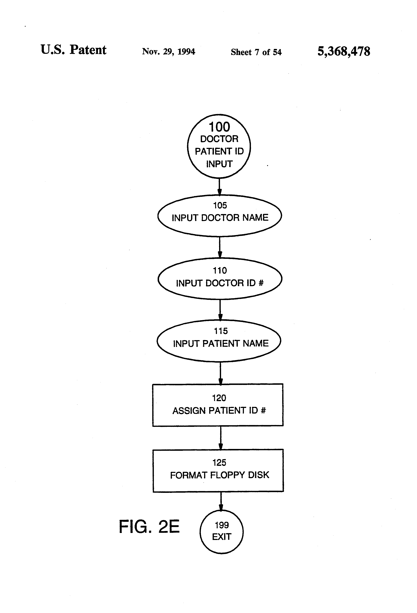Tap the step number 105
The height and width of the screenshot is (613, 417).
(220, 205)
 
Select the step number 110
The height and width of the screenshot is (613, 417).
(220, 270)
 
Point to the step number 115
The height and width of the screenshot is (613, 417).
(221, 331)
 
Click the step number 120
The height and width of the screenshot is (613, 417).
(219, 398)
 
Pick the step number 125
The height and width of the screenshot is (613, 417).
(219, 462)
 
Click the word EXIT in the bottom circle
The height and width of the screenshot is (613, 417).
(222, 537)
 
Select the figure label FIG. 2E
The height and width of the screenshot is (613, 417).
(149, 526)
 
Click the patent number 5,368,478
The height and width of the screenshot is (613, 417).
(344, 51)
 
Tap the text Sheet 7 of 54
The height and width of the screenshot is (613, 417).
(256, 52)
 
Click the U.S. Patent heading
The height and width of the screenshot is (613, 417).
(74, 50)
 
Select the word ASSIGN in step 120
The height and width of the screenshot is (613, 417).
(189, 411)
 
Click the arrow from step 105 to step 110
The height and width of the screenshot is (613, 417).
(220, 247)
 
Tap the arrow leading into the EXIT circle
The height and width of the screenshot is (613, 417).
(221, 501)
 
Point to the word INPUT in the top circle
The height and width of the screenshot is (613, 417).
(219, 164)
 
